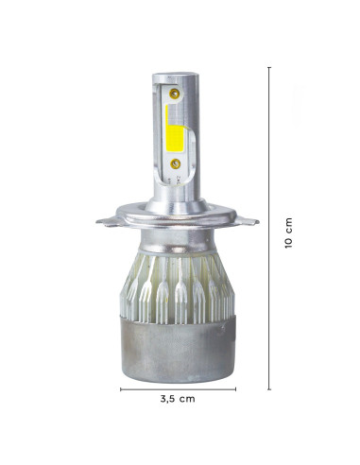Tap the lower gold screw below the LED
pyautogui.click(x=177, y=164)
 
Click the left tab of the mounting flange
pyautogui.click(x=109, y=222)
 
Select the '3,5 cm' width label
pyautogui.click(x=178, y=400)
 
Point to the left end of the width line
pyautogui.click(x=122, y=387)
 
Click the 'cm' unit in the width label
pyautogui.click(x=189, y=400)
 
